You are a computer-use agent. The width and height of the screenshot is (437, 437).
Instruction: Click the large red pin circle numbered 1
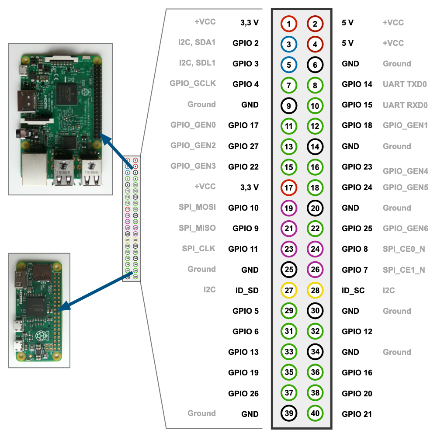[x=288, y=24]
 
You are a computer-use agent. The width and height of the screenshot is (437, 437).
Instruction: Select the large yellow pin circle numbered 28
[x=315, y=290]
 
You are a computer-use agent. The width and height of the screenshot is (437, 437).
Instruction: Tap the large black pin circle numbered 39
[x=288, y=413]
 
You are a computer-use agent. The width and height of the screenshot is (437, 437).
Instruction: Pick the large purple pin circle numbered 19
[x=288, y=208]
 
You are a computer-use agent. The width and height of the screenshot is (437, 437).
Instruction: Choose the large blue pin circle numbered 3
[x=288, y=44]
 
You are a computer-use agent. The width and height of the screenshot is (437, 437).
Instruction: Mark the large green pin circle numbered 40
[x=315, y=413]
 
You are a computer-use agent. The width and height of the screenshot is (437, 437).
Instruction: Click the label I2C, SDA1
[x=197, y=42]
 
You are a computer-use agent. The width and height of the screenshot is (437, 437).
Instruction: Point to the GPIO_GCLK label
[x=193, y=83]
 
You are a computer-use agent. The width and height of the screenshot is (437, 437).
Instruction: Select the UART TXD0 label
[x=405, y=84]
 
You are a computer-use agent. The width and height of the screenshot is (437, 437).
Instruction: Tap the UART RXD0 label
[x=405, y=105]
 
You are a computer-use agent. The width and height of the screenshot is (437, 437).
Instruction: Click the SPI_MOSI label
[x=197, y=207]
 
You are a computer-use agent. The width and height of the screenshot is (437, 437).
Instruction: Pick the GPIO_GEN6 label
[x=405, y=229]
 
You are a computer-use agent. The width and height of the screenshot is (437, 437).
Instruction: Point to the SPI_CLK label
[x=199, y=249]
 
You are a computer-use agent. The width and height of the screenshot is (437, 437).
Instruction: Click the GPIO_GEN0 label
[x=193, y=125]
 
